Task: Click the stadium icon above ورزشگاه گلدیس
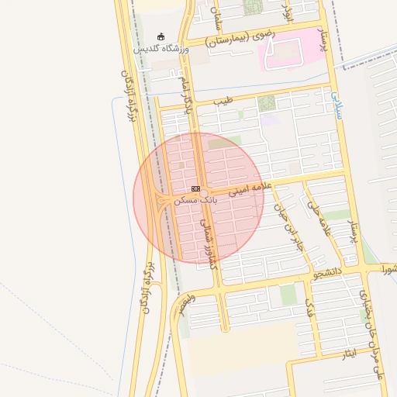click(x=161, y=36)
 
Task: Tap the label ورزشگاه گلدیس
click(x=161, y=48)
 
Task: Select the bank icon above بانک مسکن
click(x=195, y=188)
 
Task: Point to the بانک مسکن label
click(x=196, y=200)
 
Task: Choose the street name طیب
click(x=224, y=100)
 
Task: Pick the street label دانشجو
click(x=326, y=272)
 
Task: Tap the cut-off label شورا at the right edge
click(x=388, y=269)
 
